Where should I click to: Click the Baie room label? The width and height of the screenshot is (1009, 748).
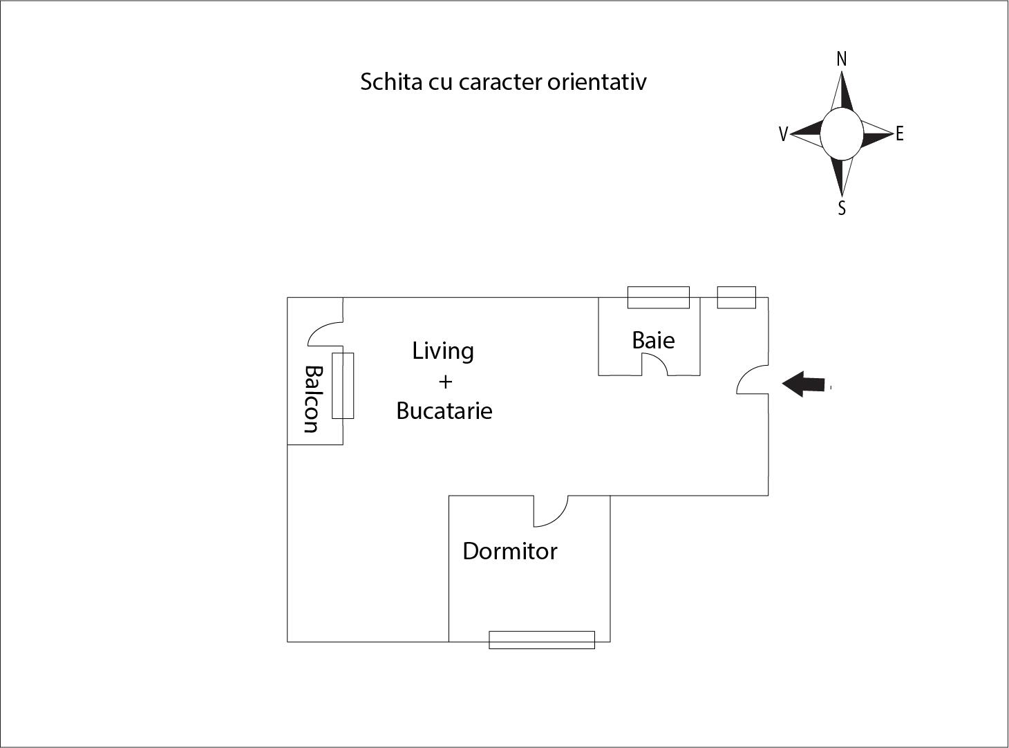(x=653, y=340)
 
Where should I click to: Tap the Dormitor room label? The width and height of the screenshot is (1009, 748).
(x=509, y=551)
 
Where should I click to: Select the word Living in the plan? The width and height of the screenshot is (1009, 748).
(x=442, y=351)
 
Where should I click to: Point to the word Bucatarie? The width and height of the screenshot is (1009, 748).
(x=444, y=411)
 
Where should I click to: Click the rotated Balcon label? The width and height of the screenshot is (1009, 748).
(x=313, y=399)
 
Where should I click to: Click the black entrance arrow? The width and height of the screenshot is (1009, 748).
(x=803, y=384)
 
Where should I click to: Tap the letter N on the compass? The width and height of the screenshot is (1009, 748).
(x=842, y=59)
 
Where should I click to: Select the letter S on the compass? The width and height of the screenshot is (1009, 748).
(x=842, y=208)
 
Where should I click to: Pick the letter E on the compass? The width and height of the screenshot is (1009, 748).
(x=899, y=134)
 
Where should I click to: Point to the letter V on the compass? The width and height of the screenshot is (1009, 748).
(x=783, y=134)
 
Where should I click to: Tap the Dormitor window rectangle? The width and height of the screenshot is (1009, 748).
(x=542, y=639)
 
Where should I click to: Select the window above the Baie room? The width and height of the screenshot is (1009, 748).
(x=658, y=297)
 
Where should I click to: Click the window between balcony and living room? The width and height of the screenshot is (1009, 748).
(x=343, y=386)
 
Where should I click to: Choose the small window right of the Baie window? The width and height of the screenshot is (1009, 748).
(x=737, y=297)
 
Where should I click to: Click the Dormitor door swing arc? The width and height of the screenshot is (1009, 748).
(x=558, y=518)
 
